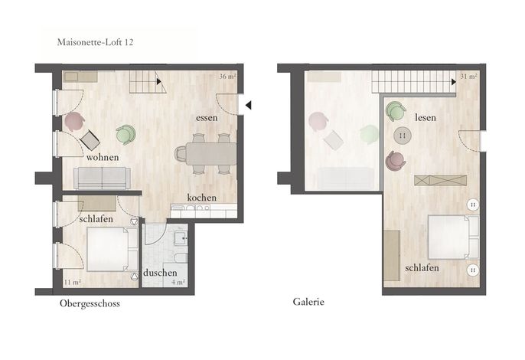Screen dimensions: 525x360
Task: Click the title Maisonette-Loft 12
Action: (95, 42)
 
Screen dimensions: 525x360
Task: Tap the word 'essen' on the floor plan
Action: (207, 118)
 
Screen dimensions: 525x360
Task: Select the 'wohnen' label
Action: (103, 157)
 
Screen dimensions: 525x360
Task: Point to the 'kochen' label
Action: (201, 198)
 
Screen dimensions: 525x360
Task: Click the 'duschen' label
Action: (160, 273)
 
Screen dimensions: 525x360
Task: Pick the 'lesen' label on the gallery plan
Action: (426, 118)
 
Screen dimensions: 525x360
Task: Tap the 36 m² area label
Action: (228, 77)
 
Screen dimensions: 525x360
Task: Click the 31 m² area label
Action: (468, 77)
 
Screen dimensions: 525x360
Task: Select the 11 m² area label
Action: (72, 282)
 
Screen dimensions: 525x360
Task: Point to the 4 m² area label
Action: (178, 282)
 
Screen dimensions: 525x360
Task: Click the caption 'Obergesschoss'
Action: (90, 303)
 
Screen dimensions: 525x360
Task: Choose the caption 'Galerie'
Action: (308, 302)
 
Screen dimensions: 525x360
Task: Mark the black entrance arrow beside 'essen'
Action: (248, 105)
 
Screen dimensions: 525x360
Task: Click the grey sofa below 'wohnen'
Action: (102, 178)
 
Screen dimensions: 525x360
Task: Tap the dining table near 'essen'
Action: (211, 154)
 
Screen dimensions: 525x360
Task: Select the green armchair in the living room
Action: (126, 134)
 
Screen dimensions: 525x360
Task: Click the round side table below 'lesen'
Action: (403, 136)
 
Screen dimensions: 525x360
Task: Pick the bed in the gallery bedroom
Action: (453, 237)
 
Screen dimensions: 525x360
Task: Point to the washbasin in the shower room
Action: (181, 238)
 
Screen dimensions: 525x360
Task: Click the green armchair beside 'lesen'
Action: (396, 112)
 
